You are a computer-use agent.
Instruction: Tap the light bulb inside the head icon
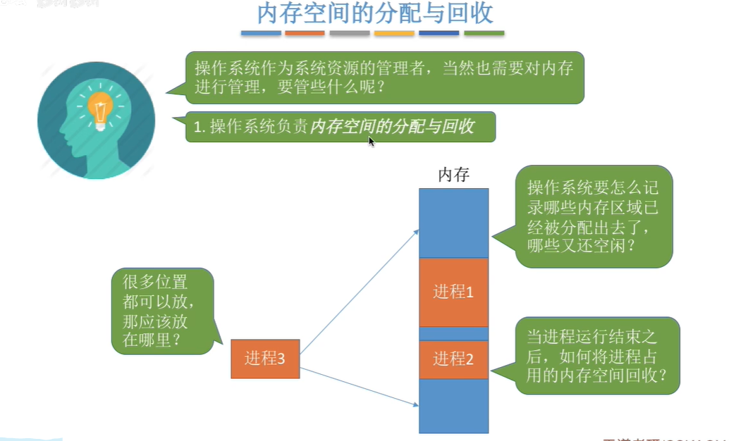[x=100, y=109]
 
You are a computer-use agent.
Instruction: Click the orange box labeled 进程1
[x=453, y=292]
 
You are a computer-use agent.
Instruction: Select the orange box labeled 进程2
[x=453, y=359]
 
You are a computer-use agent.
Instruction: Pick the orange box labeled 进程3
[x=265, y=359]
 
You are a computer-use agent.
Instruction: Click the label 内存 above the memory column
[x=453, y=175]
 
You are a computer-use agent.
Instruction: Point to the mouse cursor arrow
[x=371, y=141]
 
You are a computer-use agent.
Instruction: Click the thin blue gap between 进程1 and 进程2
[x=453, y=333]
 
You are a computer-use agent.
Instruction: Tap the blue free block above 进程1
[x=453, y=222]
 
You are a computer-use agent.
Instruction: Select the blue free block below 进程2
[x=453, y=406]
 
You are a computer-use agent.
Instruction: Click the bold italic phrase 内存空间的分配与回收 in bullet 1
[x=392, y=127]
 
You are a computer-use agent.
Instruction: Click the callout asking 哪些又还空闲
[x=594, y=217]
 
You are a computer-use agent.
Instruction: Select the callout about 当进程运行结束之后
[x=597, y=355]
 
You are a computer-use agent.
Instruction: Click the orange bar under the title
[x=305, y=33]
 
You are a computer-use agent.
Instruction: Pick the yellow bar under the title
[x=394, y=33]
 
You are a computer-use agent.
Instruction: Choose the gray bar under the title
[x=350, y=33]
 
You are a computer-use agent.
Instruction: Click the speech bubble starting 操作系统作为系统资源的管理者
[x=384, y=77]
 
